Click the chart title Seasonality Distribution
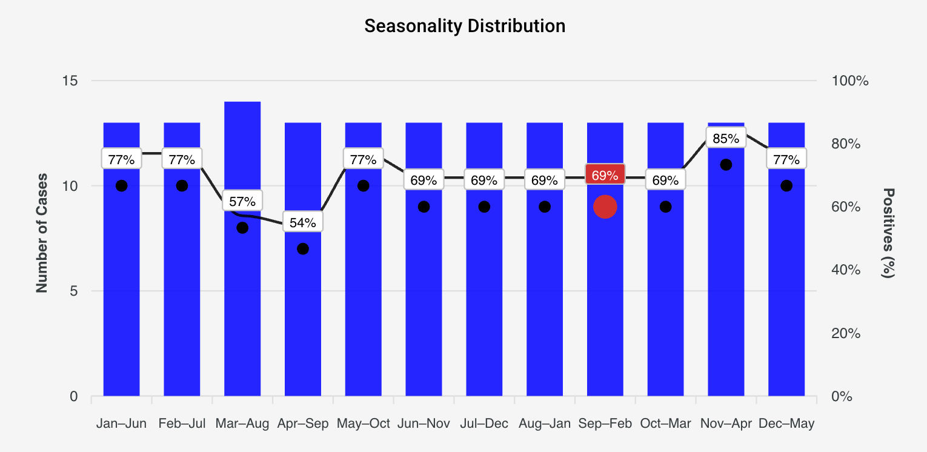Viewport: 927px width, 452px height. [465, 26]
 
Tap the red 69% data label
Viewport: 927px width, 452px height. [605, 176]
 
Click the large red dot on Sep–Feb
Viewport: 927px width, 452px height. [605, 207]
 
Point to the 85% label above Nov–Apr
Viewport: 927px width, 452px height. [726, 138]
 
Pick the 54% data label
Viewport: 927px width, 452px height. [302, 222]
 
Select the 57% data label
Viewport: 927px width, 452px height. [242, 201]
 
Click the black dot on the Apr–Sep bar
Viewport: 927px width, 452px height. [303, 249]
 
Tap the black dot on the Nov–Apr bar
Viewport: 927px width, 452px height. [726, 165]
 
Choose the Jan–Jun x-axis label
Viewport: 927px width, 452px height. [121, 424]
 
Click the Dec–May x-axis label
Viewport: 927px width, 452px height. [786, 424]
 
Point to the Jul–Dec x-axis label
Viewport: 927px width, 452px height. [484, 424]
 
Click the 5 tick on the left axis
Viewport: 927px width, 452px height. [73, 291]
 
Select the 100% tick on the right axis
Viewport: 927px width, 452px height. [849, 81]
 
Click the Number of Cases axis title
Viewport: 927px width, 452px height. [42, 238]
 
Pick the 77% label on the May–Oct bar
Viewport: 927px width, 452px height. [363, 159]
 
